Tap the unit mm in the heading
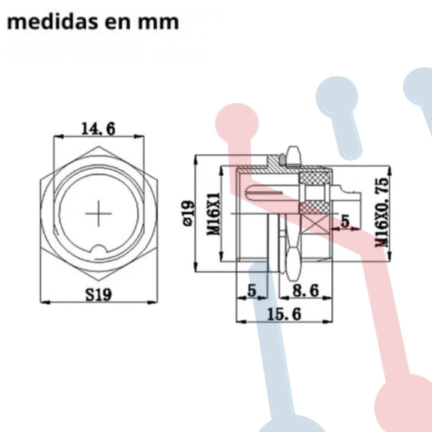point(158,22)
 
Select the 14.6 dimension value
point(98,128)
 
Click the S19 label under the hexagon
point(98,294)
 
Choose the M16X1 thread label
point(212,214)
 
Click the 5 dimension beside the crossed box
point(345,221)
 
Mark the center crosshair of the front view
point(98,214)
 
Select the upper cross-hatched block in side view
point(314,178)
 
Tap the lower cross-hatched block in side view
point(313,207)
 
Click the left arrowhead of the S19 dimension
point(43,302)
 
